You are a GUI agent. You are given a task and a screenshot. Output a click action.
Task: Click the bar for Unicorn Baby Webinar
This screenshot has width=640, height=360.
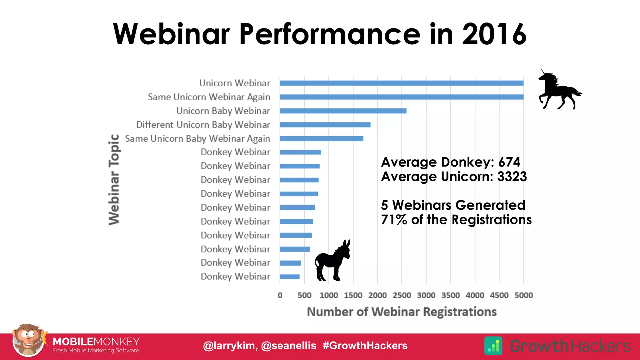[343, 111]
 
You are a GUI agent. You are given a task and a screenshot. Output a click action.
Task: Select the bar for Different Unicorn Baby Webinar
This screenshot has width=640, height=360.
[325, 125]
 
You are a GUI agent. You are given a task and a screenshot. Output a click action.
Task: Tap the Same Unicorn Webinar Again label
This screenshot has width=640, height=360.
[209, 97]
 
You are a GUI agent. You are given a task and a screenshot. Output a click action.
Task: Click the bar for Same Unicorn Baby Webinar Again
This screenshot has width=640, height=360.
[321, 138]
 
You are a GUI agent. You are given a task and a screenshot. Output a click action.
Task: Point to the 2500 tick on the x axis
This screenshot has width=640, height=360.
[402, 295]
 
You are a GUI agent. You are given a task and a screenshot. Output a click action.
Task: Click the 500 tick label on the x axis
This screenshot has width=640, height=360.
[304, 295]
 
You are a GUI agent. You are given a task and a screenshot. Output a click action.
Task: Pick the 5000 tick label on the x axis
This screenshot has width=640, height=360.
[523, 295]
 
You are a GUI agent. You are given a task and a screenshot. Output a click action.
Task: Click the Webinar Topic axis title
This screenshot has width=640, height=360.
[114, 179]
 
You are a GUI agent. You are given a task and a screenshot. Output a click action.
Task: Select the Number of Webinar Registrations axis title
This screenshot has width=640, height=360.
[402, 312]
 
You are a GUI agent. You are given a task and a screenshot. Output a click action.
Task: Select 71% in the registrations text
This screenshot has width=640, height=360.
[394, 220]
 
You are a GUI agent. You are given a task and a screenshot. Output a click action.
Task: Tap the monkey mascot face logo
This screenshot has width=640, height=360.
[28, 341]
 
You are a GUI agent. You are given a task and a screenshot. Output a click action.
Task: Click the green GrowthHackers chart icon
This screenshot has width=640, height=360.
[493, 346]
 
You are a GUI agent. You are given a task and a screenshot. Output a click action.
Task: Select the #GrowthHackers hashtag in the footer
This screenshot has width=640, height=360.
[365, 346]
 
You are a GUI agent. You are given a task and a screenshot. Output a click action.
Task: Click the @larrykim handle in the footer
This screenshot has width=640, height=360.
[230, 346]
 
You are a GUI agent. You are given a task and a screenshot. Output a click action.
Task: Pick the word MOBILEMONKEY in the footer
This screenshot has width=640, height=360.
[96, 342]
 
